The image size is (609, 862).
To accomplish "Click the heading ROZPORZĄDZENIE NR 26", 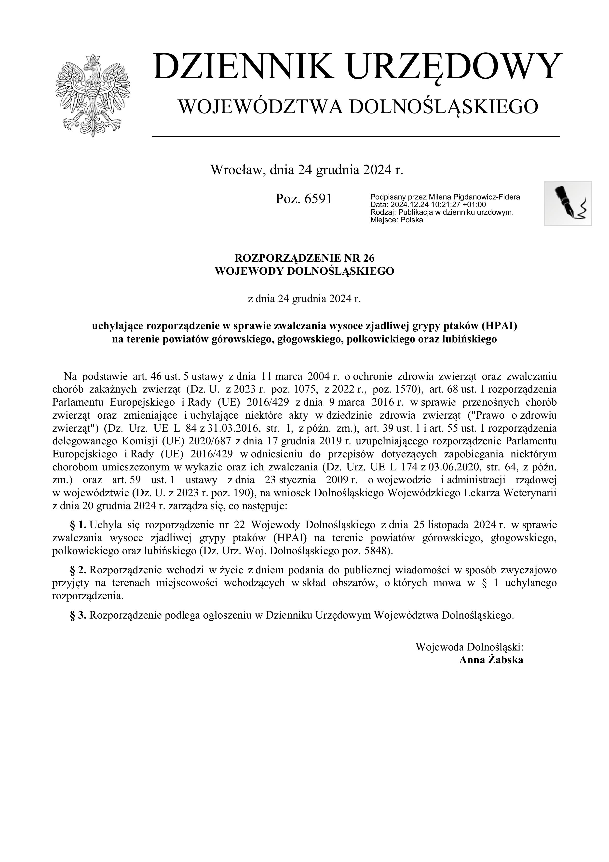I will point(304,258).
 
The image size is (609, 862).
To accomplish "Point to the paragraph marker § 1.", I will point(78,524).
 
